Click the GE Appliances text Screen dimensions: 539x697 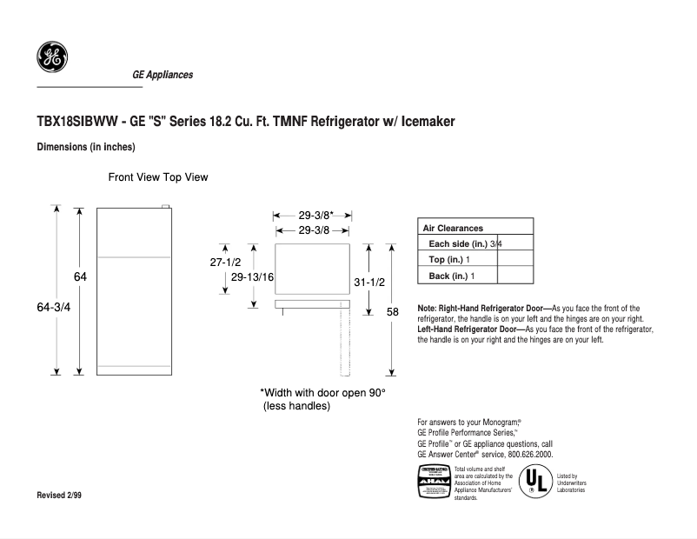pyautogui.click(x=163, y=75)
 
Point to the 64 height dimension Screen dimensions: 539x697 pyautogui.click(x=80, y=276)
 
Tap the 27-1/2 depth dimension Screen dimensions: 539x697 pyautogui.click(x=225, y=261)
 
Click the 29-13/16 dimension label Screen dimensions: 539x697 pyautogui.click(x=253, y=276)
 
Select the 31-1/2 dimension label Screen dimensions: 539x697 pyautogui.click(x=369, y=282)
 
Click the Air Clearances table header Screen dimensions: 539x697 pyautogui.click(x=453, y=228)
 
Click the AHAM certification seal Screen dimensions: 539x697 pyautogui.click(x=435, y=482)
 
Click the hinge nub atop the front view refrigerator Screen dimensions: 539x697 pyautogui.click(x=163, y=206)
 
